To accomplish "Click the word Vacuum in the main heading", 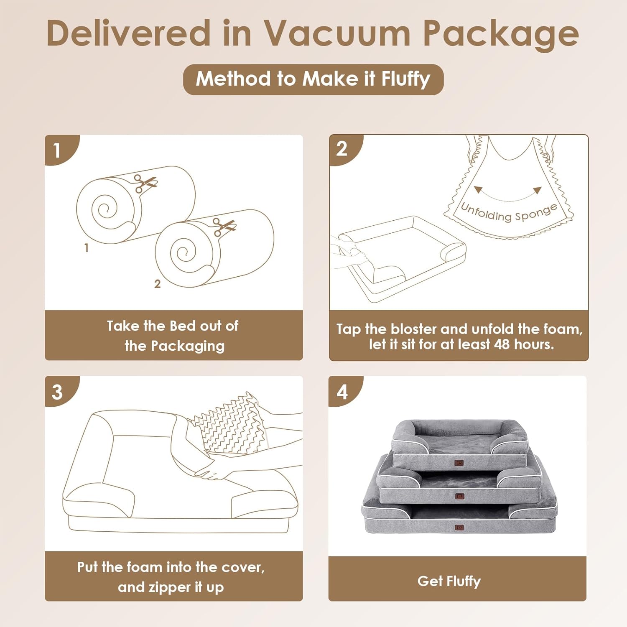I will click(336, 33).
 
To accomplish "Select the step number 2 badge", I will click(342, 149).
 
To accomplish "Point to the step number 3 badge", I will click(57, 392).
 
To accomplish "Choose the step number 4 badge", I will click(342, 392).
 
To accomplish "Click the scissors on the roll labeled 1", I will click(145, 183).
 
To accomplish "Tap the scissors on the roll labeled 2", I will click(224, 227).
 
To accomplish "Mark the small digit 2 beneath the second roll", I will click(157, 284).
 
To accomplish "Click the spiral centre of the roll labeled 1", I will click(106, 209).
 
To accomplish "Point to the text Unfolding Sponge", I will click(509, 212).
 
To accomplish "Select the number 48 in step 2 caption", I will click(502, 344).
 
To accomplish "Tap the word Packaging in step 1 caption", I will click(187, 346).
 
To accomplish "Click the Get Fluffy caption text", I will click(449, 581).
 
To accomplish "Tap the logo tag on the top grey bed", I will click(459, 463).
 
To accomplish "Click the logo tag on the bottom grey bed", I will click(459, 528).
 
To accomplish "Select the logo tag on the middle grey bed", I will click(459, 496).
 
